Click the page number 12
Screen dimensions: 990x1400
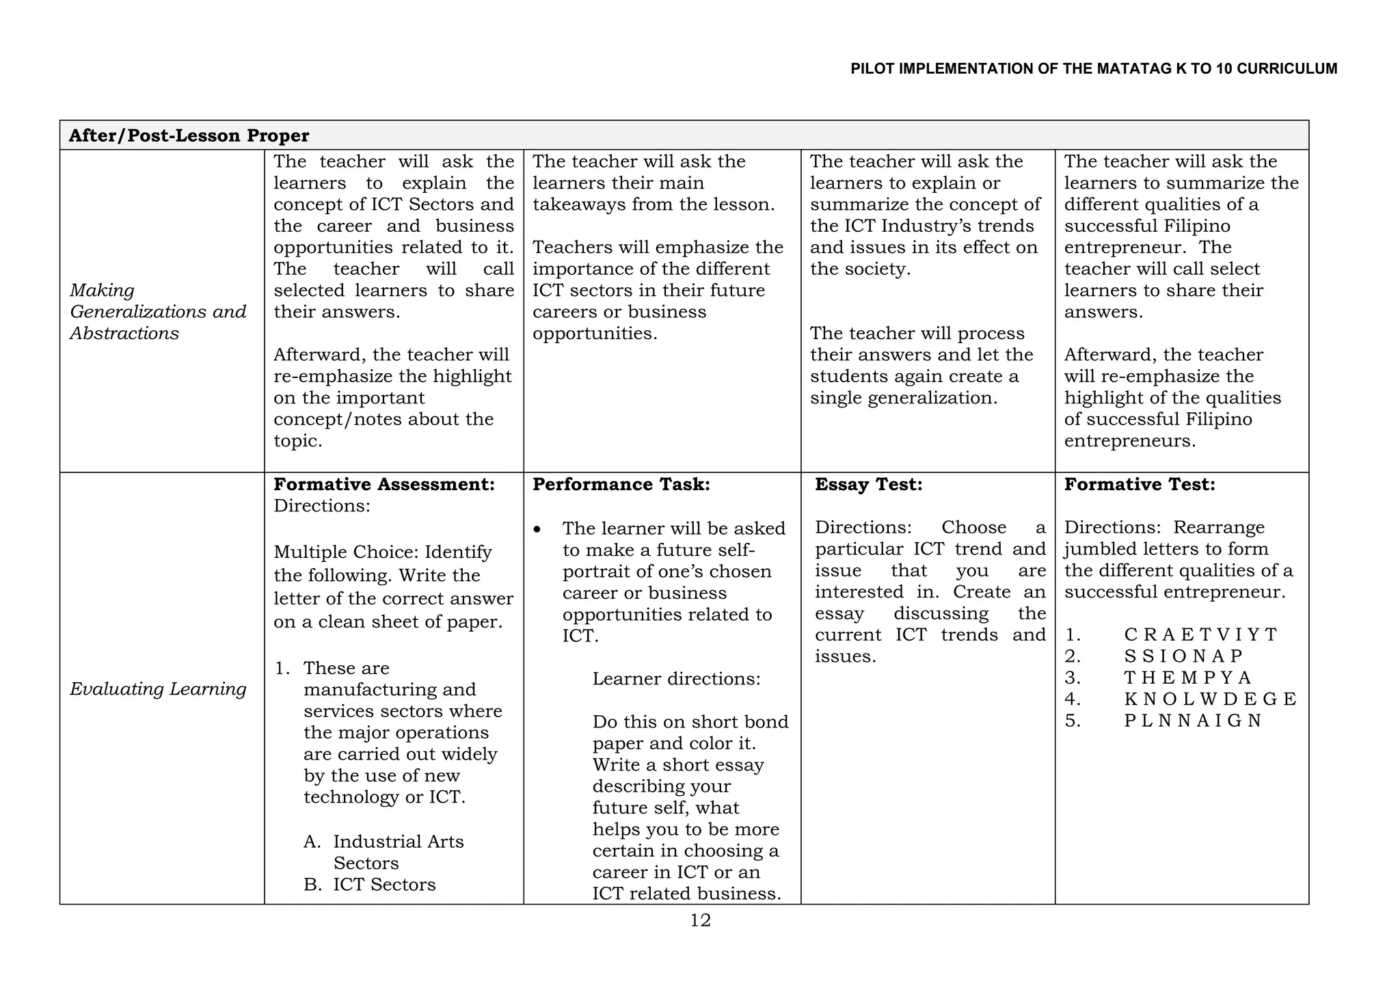(700, 920)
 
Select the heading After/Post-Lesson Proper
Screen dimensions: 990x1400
(189, 135)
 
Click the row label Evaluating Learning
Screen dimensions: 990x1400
(158, 688)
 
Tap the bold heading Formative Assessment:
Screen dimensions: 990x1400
(384, 484)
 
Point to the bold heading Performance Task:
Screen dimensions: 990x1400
(621, 484)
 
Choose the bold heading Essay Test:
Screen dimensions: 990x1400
(868, 484)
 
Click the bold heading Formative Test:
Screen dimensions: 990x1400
(1140, 484)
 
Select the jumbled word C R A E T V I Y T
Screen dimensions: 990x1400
(1200, 634)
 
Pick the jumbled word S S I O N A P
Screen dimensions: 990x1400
(1183, 656)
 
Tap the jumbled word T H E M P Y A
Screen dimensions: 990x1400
(1187, 678)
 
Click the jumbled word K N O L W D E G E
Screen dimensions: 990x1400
(1209, 699)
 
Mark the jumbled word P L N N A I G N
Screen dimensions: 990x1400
(1192, 721)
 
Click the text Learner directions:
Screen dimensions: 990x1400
(676, 678)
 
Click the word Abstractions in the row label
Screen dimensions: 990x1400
(124, 333)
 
